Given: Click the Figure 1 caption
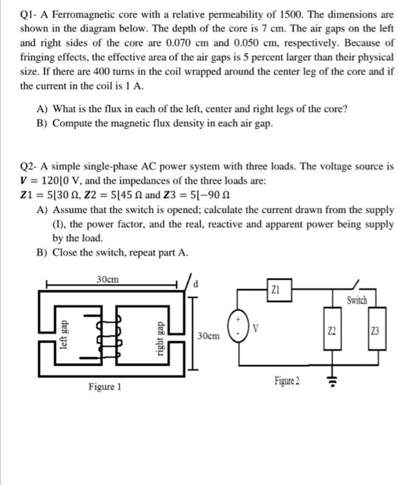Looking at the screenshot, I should (x=103, y=387).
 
